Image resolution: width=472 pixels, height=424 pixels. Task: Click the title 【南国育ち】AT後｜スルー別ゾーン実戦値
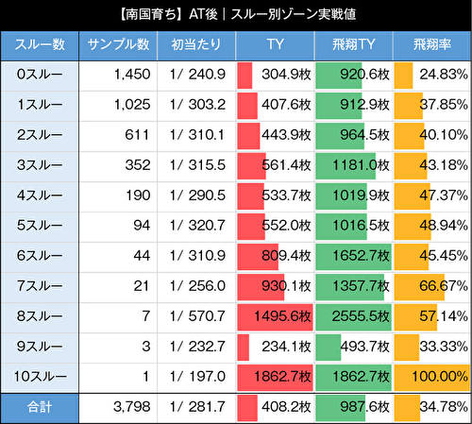236,15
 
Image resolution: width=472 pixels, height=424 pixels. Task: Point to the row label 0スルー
40,75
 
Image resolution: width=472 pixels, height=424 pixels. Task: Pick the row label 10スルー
40,377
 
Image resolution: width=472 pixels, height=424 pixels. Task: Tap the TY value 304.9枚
284,75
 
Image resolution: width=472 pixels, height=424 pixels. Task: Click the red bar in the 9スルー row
244,347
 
